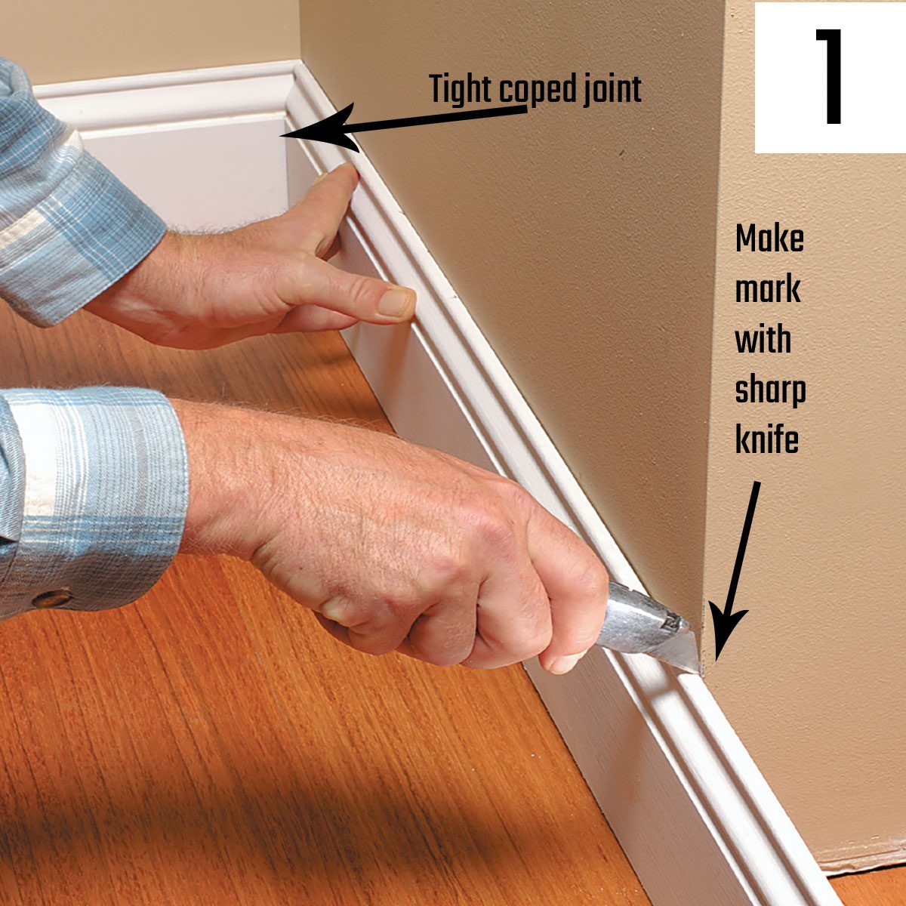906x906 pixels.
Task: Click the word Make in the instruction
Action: [x=769, y=240]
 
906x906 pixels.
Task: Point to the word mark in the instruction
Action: [x=767, y=290]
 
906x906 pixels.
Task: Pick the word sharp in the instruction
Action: [x=769, y=392]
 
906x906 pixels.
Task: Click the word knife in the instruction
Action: [x=766, y=441]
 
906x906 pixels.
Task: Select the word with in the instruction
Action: [x=762, y=340]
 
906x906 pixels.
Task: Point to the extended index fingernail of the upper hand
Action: [x=396, y=302]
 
